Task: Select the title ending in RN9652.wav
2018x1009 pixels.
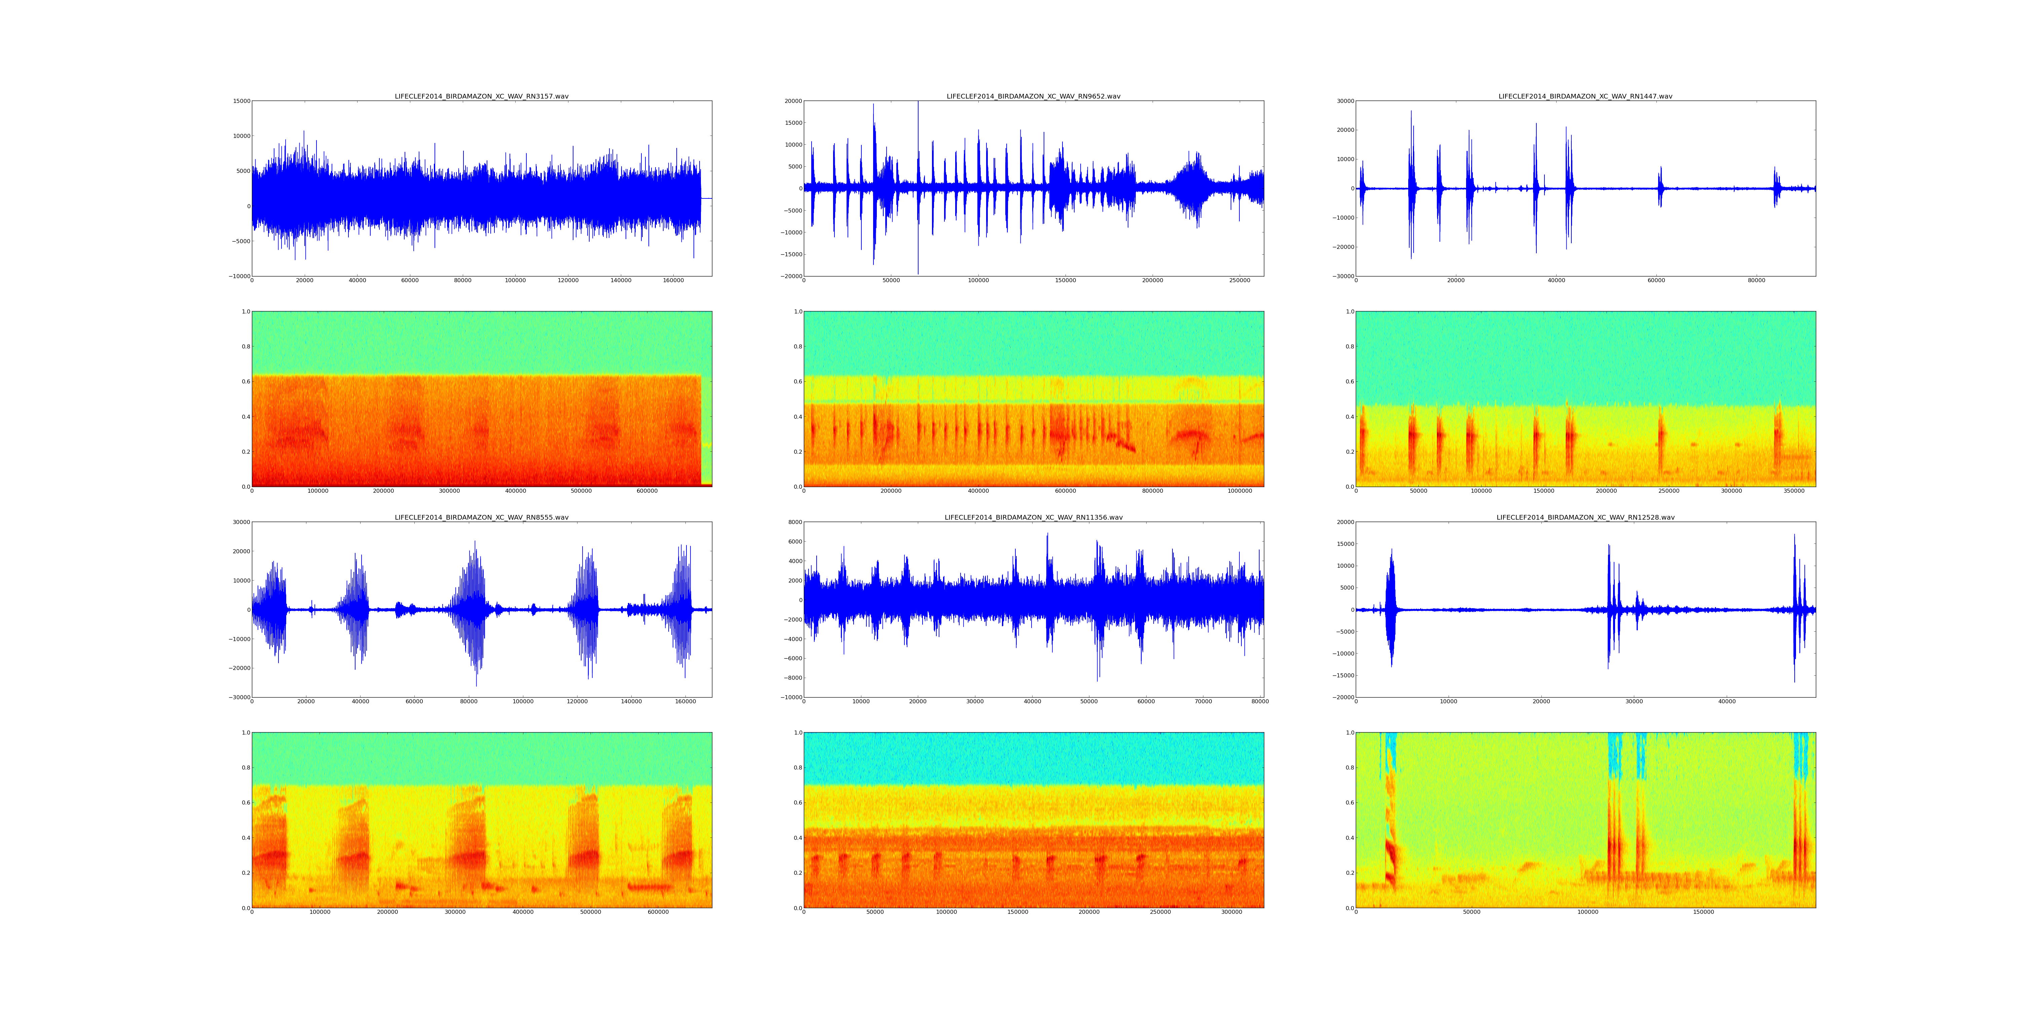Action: (x=1033, y=96)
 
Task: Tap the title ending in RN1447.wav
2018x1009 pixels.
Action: (x=1585, y=96)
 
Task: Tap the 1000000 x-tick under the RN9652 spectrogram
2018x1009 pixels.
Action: (x=1239, y=491)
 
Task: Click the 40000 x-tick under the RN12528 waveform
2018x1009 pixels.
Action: (x=1727, y=701)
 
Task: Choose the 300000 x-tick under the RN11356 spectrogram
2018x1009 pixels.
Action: (x=1231, y=912)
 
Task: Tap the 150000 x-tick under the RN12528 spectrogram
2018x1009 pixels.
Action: (x=1703, y=912)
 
